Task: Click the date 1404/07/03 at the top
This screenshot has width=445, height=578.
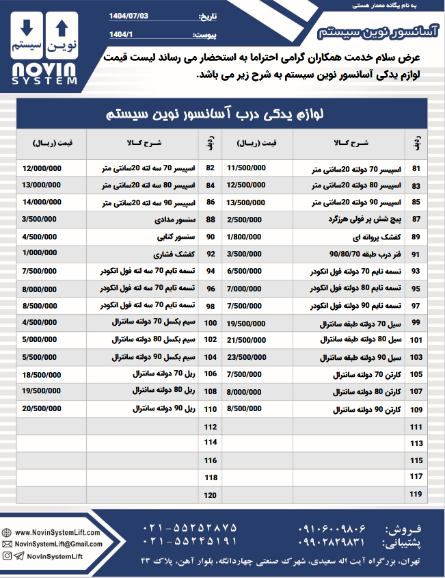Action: click(x=130, y=16)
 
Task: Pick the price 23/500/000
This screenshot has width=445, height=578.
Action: click(x=250, y=356)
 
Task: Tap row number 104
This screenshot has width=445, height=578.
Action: click(x=210, y=357)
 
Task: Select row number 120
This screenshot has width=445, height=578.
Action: click(x=210, y=495)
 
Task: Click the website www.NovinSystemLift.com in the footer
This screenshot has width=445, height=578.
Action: click(x=57, y=532)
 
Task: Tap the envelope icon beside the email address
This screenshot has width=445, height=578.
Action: click(x=8, y=544)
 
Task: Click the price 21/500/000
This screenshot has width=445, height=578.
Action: click(x=250, y=339)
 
